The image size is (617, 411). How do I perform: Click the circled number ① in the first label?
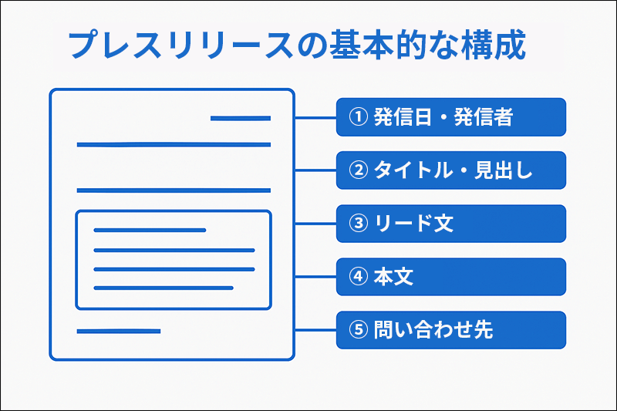pyautogui.click(x=358, y=116)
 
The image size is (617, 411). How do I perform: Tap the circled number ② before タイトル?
pyautogui.click(x=358, y=170)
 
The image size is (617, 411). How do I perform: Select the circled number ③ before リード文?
pyautogui.click(x=358, y=224)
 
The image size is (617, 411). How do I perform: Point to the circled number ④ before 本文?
pyautogui.click(x=358, y=277)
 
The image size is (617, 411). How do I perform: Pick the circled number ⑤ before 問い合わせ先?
pyautogui.click(x=358, y=329)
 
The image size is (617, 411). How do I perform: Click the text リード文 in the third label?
pyautogui.click(x=414, y=224)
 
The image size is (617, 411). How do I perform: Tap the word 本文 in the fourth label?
pyautogui.click(x=393, y=277)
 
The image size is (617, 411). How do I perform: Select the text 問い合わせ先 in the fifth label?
pyautogui.click(x=433, y=329)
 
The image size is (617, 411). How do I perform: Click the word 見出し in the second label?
pyautogui.click(x=504, y=170)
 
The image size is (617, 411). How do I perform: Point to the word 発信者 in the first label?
pyautogui.click(x=484, y=116)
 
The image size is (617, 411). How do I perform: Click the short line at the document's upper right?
pyautogui.click(x=241, y=118)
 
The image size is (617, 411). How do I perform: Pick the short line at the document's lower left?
pyautogui.click(x=119, y=331)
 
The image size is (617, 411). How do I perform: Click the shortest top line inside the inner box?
pyautogui.click(x=150, y=230)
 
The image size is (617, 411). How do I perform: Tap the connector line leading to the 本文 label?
pyautogui.click(x=315, y=277)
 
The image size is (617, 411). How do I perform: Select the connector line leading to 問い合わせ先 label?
pyautogui.click(x=315, y=330)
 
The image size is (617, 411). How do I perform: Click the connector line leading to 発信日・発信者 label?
pyautogui.click(x=315, y=117)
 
